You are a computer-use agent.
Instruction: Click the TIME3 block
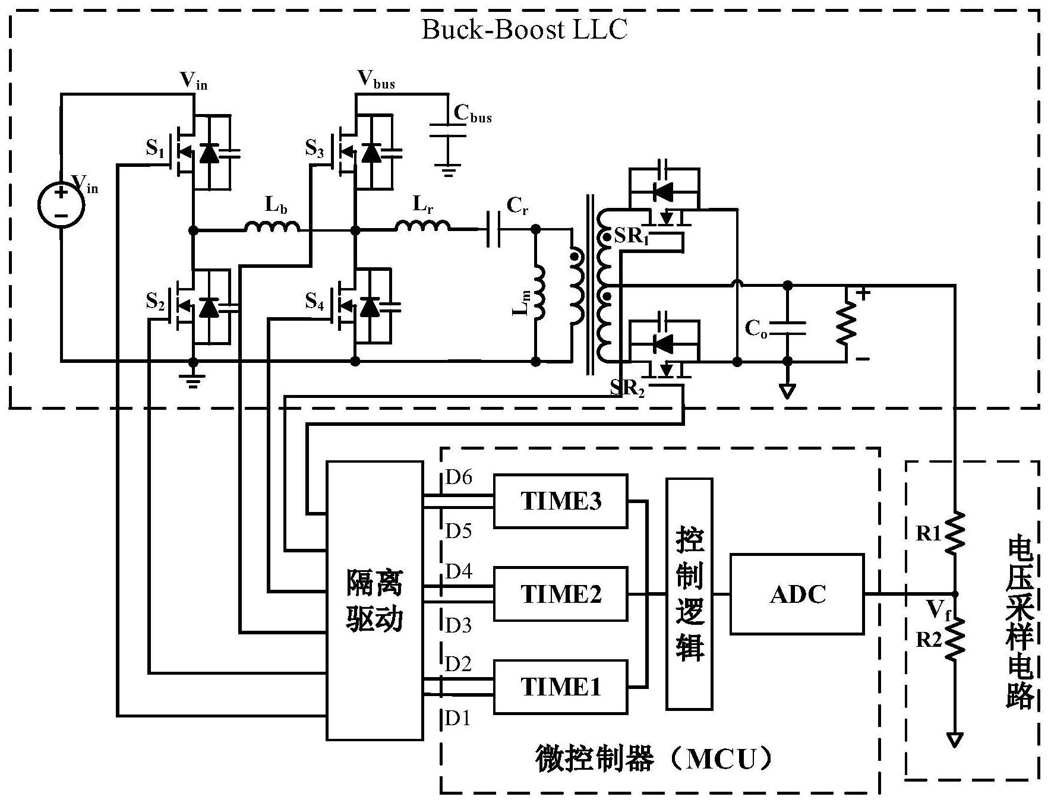560,501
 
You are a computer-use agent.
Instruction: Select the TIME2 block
560,593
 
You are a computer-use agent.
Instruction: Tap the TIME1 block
560,687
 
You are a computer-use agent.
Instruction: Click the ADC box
797,593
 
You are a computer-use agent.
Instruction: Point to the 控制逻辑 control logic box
689,593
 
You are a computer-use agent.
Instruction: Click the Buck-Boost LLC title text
524,30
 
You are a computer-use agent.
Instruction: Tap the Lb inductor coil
272,227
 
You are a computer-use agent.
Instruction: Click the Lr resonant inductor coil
422,226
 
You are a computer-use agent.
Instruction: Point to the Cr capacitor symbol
493,229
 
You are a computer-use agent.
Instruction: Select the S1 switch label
155,148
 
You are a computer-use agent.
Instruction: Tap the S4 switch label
314,302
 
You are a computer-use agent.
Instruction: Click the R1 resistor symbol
955,533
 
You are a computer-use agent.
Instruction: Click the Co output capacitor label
756,327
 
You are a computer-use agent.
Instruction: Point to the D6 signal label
458,477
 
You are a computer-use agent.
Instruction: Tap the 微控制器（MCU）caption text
654,758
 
